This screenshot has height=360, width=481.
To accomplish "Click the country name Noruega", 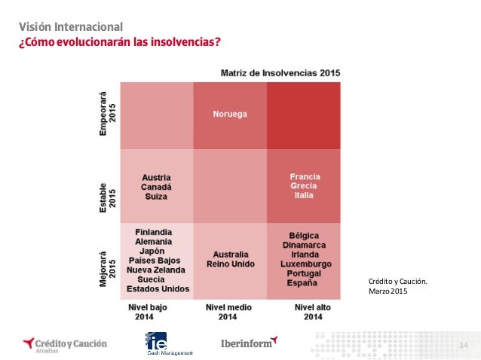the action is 230,114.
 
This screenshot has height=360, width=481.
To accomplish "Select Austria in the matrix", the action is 156,178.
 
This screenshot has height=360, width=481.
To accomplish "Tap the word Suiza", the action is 156,197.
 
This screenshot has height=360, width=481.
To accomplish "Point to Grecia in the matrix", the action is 304,186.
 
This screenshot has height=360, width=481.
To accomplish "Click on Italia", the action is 304,195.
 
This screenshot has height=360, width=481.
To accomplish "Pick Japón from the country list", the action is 152,252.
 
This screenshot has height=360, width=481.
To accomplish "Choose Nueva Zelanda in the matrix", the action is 156,270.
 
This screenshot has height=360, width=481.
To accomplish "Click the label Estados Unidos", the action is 158,289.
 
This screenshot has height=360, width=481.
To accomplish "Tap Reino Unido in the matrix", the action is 231,264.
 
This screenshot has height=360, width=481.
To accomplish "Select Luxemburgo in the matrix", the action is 306,264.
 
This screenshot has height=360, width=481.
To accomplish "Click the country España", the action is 302,283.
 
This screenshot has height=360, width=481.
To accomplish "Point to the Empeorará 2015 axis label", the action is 107,114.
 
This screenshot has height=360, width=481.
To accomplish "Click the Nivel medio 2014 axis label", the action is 228,312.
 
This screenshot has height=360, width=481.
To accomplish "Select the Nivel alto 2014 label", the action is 313,312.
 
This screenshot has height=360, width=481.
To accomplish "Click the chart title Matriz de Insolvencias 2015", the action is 280,73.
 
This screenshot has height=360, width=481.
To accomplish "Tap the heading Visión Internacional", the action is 71,27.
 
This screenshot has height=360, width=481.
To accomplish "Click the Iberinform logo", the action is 249,343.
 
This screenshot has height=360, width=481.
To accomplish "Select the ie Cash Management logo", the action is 170,343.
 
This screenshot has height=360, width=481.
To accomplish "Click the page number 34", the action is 463,345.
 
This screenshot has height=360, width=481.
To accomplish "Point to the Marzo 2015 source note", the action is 388,291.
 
